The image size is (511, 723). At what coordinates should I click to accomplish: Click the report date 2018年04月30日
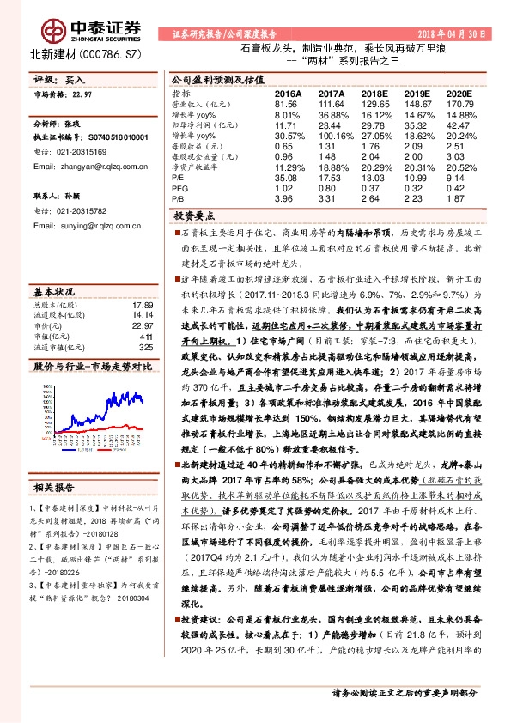coord(447,34)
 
